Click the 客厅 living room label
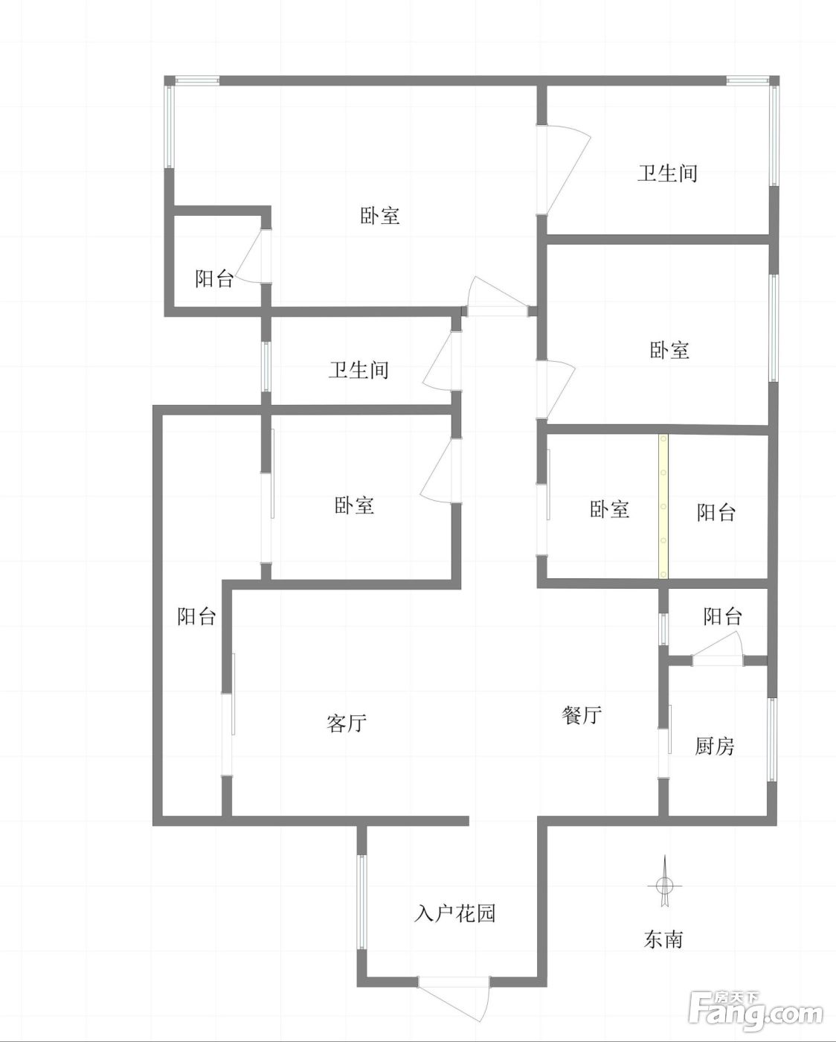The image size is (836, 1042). coord(347,723)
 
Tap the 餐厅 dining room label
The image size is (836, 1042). coord(582,715)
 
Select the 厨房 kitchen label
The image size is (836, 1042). coord(715,747)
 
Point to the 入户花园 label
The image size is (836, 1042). coord(454,913)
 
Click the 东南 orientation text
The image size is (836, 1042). coord(663,939)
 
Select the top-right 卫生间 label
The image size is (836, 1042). coord(667,173)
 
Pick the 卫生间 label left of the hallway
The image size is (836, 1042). coord(358,369)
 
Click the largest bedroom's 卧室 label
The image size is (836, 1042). coord(380,215)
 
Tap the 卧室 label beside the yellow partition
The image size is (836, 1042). coord(610,509)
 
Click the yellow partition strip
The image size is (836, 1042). coord(663,506)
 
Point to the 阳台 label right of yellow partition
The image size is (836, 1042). coord(716,512)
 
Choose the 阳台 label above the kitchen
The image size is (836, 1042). coord(723,616)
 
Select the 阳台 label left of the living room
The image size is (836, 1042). coord(196,616)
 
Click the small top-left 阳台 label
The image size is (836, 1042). coord(214,278)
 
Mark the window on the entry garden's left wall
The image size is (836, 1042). coord(361,901)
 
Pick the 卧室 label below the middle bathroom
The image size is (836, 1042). coord(354,505)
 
